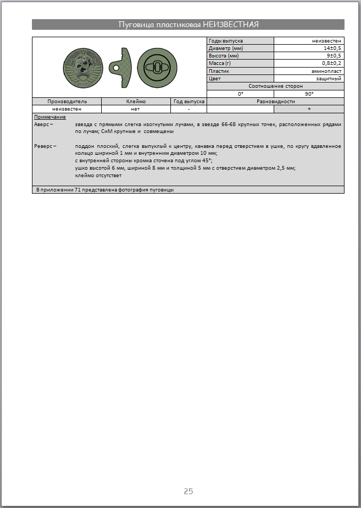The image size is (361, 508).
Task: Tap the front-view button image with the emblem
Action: pyautogui.click(x=84, y=67)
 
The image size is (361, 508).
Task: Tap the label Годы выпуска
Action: pyautogui.click(x=226, y=41)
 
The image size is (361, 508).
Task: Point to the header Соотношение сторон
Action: pyautogui.click(x=275, y=86)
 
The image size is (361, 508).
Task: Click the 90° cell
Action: pyautogui.click(x=309, y=94)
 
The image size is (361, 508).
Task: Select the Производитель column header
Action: pyautogui.click(x=67, y=101)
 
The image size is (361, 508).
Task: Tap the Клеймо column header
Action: pyautogui.click(x=136, y=101)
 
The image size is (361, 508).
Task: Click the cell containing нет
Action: pyautogui.click(x=136, y=109)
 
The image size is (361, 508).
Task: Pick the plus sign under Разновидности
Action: pyautogui.click(x=309, y=109)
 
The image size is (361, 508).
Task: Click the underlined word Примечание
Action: pyautogui.click(x=50, y=116)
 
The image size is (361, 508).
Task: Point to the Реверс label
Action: pyautogui.click(x=44, y=146)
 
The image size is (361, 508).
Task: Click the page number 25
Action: pyautogui.click(x=188, y=491)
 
